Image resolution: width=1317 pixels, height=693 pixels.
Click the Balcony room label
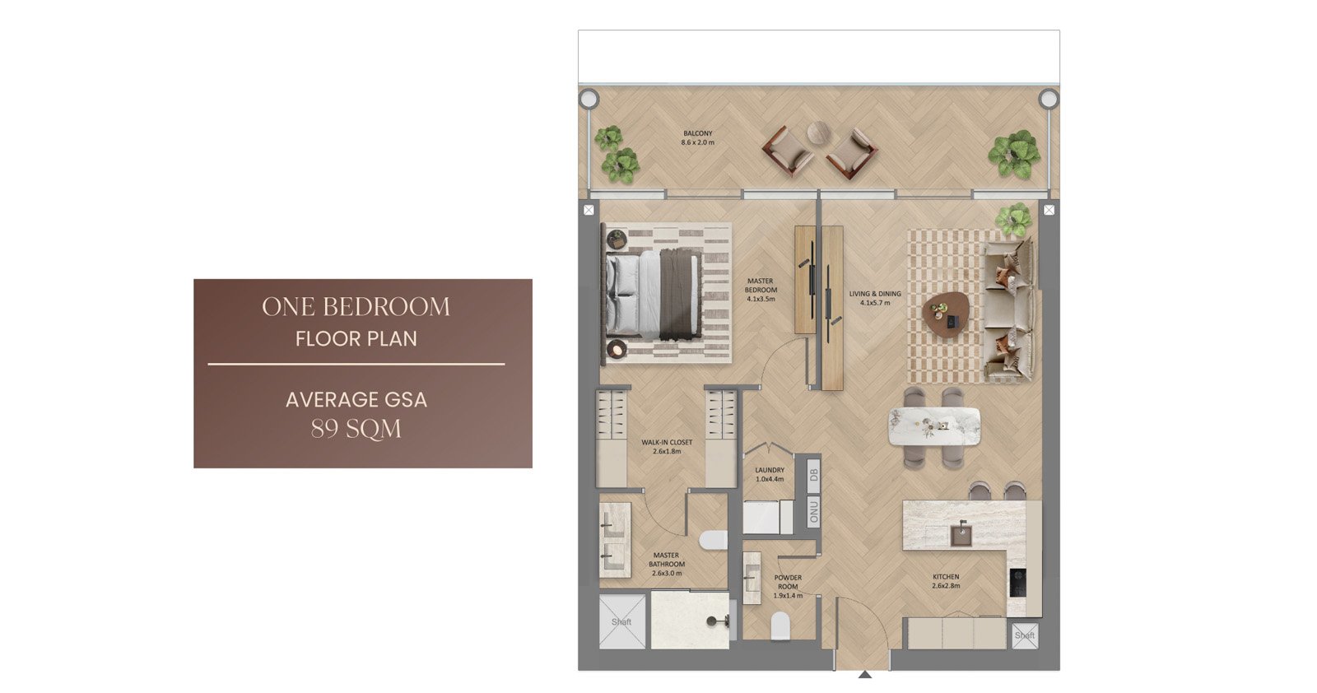(698, 138)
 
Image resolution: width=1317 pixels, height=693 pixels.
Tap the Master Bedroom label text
(761, 290)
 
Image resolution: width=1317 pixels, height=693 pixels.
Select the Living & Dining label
(875, 298)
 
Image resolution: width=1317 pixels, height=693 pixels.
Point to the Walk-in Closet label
(667, 447)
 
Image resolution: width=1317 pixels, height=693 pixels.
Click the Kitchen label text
(946, 581)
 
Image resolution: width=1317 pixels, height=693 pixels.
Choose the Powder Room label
(788, 587)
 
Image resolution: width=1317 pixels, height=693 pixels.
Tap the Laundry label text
(770, 474)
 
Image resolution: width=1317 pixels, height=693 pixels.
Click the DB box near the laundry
(814, 473)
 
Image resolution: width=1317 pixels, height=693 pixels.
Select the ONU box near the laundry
(814, 512)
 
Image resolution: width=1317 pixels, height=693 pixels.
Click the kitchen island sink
(962, 533)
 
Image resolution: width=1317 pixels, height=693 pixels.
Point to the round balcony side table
(818, 133)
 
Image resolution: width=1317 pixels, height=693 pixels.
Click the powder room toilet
(780, 626)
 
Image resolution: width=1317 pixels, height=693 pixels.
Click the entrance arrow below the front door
(865, 675)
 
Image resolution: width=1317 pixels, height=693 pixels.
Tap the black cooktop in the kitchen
(1018, 583)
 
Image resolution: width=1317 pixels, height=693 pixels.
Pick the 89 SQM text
(356, 429)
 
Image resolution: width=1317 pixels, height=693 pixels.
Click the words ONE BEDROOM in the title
(356, 307)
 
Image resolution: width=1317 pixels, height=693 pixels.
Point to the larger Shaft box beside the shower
(622, 622)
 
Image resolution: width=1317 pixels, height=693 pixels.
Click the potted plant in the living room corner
(1013, 220)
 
